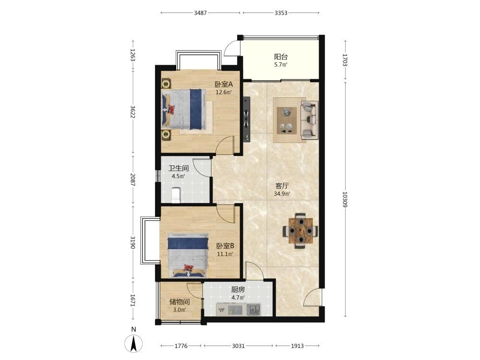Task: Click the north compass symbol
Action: (x=133, y=340)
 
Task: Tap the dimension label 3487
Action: (x=201, y=13)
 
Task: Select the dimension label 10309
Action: (x=345, y=199)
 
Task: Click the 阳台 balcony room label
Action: (x=281, y=57)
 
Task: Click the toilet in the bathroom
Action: (x=175, y=195)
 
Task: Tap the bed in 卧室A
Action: (x=183, y=108)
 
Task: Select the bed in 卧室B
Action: (x=188, y=255)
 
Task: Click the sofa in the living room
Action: (x=310, y=119)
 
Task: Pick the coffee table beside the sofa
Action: (x=287, y=120)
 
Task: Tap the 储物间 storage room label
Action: (x=180, y=302)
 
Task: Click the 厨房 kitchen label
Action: (x=238, y=289)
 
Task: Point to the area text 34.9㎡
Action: (x=282, y=194)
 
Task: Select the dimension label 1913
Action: (x=297, y=346)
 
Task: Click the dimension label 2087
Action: (x=132, y=180)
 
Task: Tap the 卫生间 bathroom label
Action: (x=179, y=168)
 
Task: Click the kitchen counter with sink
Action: (x=239, y=309)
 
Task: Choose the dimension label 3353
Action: (x=281, y=13)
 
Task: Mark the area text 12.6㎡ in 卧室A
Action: (x=224, y=92)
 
